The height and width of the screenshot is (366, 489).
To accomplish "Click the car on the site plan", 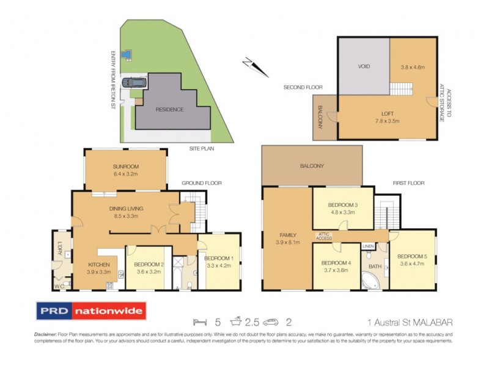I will [133, 82].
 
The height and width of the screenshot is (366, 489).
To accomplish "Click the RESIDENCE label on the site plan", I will [169, 110].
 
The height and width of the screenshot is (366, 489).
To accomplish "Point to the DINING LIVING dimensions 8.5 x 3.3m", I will [125, 215].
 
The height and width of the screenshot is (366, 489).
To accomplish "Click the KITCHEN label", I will [98, 264].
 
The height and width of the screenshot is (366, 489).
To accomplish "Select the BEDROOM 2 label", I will [145, 264].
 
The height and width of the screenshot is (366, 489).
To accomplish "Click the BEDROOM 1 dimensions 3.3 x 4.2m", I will [219, 266].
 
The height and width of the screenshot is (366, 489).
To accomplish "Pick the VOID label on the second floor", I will [364, 66].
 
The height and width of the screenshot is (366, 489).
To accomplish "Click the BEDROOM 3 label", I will [342, 205].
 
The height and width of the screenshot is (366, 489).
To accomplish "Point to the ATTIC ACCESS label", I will [324, 236].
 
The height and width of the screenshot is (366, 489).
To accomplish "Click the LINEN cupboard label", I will [367, 246].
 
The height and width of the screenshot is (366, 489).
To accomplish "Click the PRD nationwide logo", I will [91, 312].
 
